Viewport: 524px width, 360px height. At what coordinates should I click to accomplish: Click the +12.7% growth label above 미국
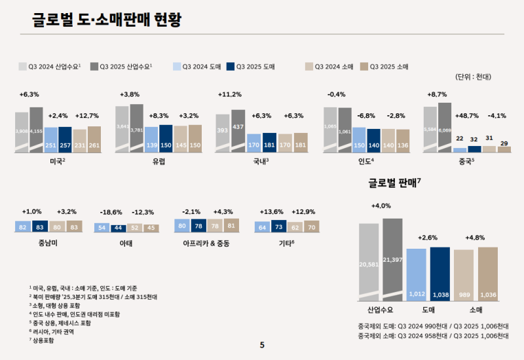tap(87, 116)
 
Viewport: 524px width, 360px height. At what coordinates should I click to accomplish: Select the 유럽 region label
tap(159, 160)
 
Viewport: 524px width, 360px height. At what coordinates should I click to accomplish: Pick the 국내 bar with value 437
tap(238, 131)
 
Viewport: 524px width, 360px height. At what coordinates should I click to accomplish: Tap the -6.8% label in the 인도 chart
tap(365, 116)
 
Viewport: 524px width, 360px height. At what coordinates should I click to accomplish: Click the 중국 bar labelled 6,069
tap(445, 128)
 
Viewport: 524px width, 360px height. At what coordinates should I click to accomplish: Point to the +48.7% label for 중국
tap(466, 116)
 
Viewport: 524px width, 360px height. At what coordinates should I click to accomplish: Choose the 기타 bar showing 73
tap(278, 227)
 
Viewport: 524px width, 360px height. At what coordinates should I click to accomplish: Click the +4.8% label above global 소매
tap(475, 237)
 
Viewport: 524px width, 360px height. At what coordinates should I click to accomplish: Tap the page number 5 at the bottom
tap(262, 346)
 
